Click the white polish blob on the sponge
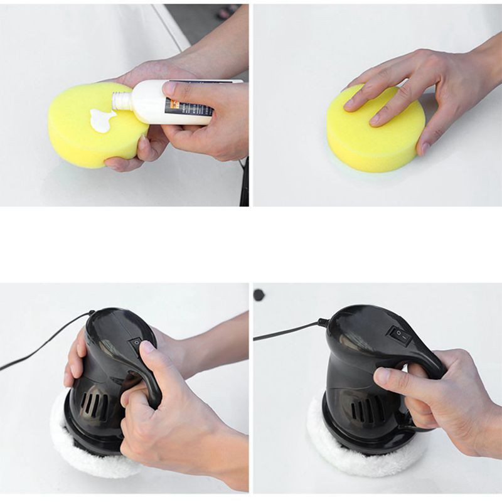[101, 120]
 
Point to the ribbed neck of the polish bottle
[122, 100]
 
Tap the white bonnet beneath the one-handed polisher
[351, 455]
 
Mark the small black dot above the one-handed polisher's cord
[259, 294]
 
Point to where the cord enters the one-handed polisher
[323, 323]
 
